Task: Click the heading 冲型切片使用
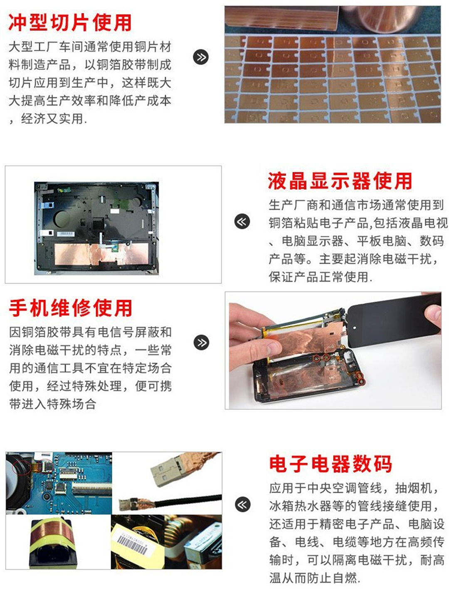(70, 23)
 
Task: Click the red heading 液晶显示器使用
(340, 181)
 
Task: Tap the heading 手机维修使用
(71, 308)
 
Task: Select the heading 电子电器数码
(331, 463)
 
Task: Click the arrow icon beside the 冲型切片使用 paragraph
(201, 57)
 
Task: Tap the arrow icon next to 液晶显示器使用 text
(242, 221)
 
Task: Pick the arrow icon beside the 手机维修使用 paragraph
(202, 342)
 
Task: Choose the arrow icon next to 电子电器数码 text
(242, 504)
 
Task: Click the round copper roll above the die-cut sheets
(381, 16)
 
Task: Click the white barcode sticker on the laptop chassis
(65, 234)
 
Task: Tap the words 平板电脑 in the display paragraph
(382, 241)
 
